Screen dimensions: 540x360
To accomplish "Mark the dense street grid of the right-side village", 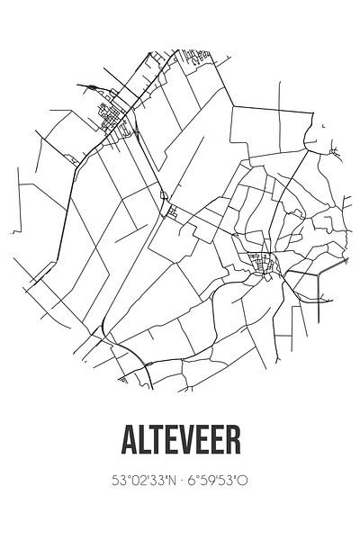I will (265, 265).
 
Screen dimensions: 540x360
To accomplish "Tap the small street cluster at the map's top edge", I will (200, 61).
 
